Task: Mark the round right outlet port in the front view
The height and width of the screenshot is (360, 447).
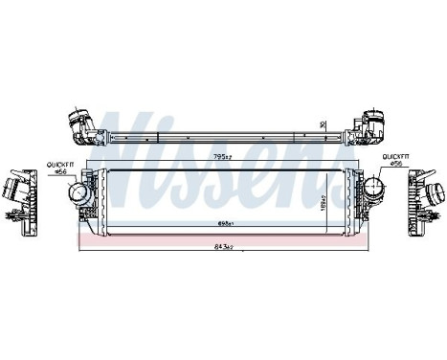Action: coord(374,182)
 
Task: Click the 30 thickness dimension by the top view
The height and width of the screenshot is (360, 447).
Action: coord(323,124)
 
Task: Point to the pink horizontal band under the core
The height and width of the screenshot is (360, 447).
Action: coord(224,242)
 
